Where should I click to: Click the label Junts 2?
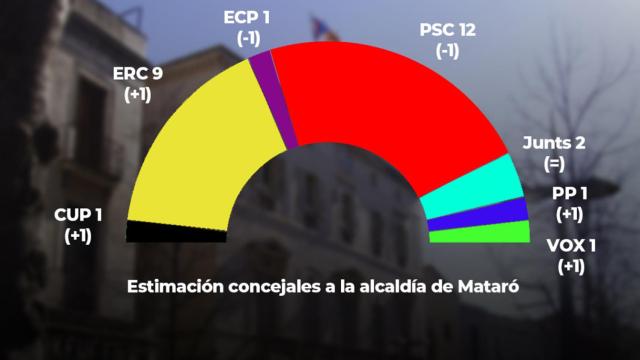(x=553, y=141)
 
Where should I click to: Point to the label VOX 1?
(x=572, y=245)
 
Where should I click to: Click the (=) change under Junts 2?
(x=553, y=162)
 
